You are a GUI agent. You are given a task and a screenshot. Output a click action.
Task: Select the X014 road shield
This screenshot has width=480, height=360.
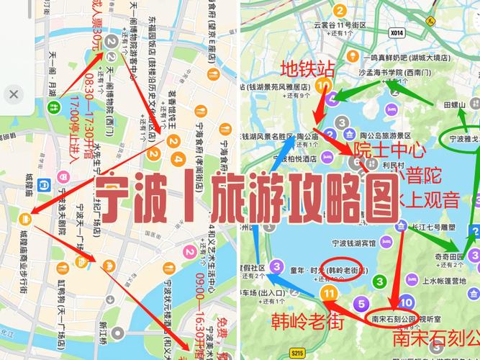(396, 32)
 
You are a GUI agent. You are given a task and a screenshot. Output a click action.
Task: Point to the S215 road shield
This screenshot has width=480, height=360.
(296, 352)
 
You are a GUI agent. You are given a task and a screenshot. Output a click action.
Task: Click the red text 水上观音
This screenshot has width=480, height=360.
(430, 199)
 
